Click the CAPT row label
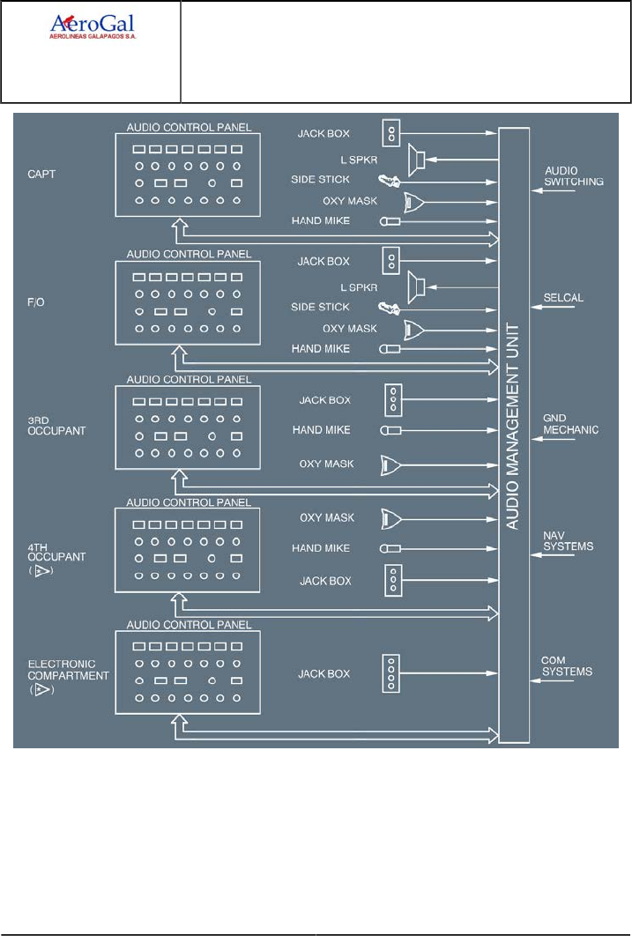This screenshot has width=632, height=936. tap(41, 175)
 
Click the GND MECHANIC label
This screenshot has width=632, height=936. tap(571, 425)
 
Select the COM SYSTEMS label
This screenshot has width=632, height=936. tap(567, 667)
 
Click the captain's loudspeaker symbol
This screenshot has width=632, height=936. tap(418, 160)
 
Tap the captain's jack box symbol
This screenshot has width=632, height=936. tap(392, 134)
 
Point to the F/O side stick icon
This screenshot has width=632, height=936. tap(388, 308)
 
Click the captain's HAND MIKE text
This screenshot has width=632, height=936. tap(321, 221)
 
